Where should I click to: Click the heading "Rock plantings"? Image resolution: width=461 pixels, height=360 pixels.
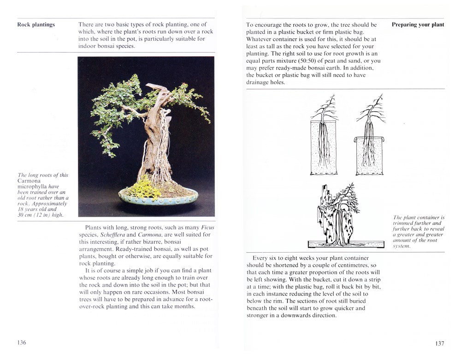(36, 25)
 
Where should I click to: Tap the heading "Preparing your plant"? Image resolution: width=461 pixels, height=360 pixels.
(418, 25)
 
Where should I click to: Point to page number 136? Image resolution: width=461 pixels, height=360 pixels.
(22, 342)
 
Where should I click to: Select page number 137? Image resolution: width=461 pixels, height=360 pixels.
(439, 343)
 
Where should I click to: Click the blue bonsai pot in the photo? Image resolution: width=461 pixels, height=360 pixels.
(158, 197)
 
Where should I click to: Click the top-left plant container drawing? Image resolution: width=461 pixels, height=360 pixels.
(323, 145)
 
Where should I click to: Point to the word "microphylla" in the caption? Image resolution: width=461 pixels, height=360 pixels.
(34, 187)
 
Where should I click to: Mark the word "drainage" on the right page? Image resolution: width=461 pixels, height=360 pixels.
(260, 83)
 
